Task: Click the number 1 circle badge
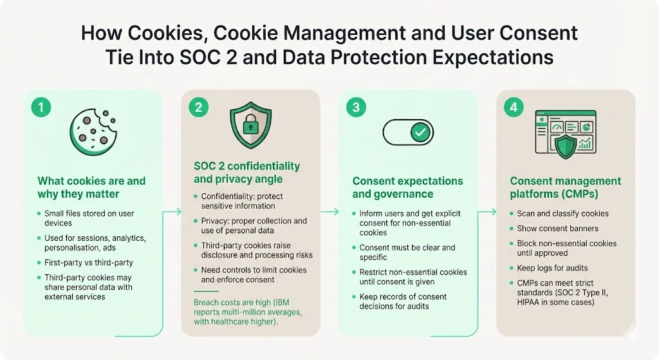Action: tap(41, 107)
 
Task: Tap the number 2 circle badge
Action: tap(198, 107)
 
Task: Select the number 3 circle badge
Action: tap(356, 107)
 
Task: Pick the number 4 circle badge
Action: tap(513, 107)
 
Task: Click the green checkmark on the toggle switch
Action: tap(420, 132)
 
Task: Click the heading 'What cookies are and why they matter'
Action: tap(91, 187)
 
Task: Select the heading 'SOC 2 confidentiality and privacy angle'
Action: tap(246, 173)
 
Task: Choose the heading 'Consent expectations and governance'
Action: tap(407, 187)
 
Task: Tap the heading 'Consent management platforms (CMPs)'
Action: tap(566, 187)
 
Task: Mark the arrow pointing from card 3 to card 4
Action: tap(488, 211)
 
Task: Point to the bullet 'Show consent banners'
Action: tap(557, 229)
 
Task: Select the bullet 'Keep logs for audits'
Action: tap(552, 268)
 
